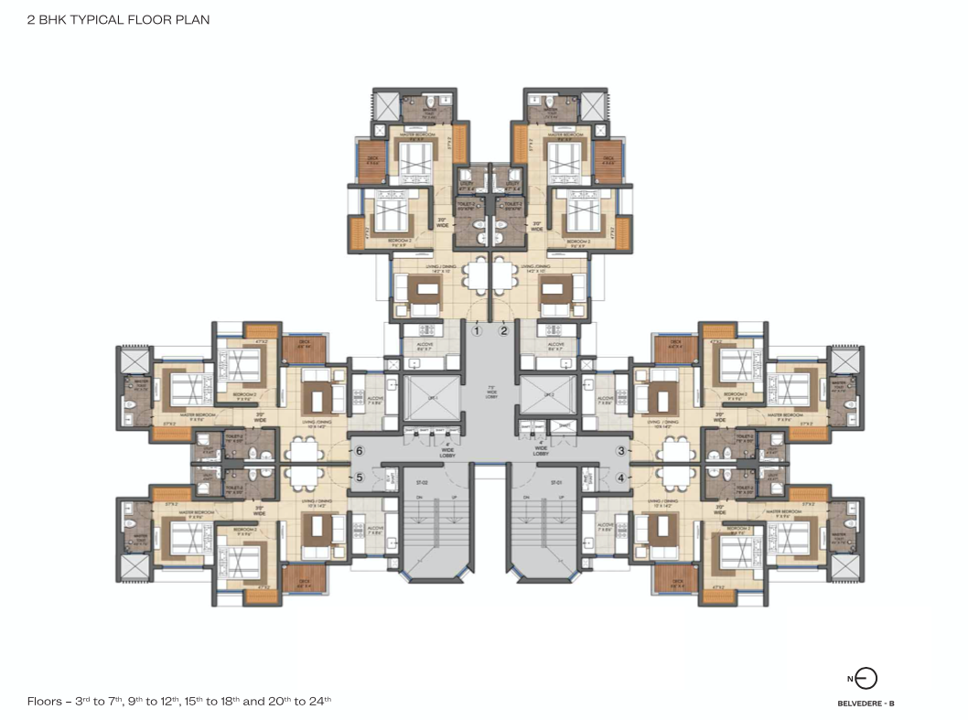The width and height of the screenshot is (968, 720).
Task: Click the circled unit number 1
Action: (477, 331)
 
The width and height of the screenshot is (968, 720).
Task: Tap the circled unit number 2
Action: (503, 331)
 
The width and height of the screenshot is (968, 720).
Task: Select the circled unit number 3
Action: (622, 450)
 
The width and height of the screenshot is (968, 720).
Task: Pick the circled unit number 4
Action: (622, 477)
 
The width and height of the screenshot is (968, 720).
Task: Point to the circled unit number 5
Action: (360, 477)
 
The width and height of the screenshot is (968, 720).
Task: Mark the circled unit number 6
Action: (360, 450)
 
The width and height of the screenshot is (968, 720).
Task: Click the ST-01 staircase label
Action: (555, 481)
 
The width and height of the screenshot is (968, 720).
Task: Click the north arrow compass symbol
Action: (865, 678)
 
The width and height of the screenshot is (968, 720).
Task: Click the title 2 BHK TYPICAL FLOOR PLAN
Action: (118, 18)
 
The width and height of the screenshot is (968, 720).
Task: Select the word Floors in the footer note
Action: (44, 701)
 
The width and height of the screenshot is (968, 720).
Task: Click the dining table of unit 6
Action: (303, 450)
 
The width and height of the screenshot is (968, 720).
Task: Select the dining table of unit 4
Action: (676, 477)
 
